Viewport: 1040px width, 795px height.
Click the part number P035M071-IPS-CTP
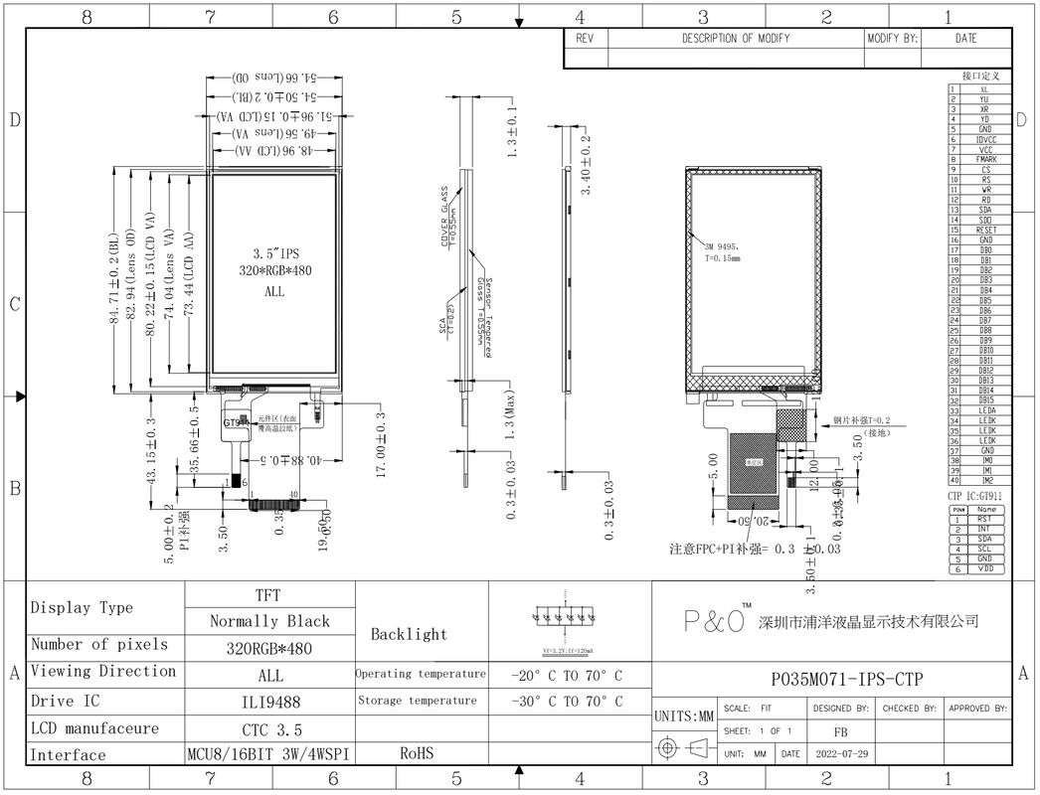pyautogui.click(x=847, y=680)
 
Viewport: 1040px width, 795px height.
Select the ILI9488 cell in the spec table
pyautogui.click(x=268, y=701)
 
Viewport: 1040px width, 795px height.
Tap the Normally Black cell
pyautogui.click(x=268, y=621)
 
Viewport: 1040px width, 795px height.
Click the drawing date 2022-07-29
pyautogui.click(x=840, y=754)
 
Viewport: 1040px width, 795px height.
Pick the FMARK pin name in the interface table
pyautogui.click(x=985, y=159)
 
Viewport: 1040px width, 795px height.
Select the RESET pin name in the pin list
pyautogui.click(x=985, y=230)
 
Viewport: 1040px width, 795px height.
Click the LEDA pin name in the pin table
pyautogui.click(x=985, y=410)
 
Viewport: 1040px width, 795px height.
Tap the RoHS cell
pyautogui.click(x=418, y=754)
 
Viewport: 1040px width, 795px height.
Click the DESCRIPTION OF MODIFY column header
pyautogui.click(x=735, y=39)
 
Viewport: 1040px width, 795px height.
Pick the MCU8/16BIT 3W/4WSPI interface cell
pyautogui.click(x=268, y=754)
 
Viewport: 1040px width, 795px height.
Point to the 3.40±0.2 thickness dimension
pyautogui.click(x=587, y=163)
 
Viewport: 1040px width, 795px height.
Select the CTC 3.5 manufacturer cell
pyautogui.click(x=268, y=727)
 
